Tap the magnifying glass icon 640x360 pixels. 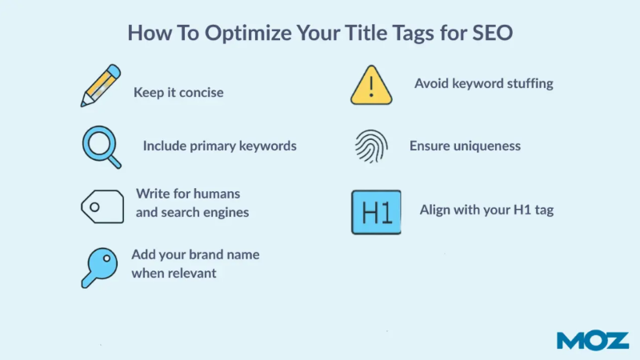click(x=101, y=146)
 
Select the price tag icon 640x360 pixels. click(x=102, y=206)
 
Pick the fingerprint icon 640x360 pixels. click(x=370, y=147)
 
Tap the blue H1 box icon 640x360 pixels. click(x=376, y=212)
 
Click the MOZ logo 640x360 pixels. click(x=593, y=340)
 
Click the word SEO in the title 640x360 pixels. click(x=491, y=34)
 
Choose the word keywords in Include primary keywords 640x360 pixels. click(x=266, y=146)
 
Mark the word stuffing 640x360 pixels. click(x=526, y=82)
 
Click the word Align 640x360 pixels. click(x=436, y=210)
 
